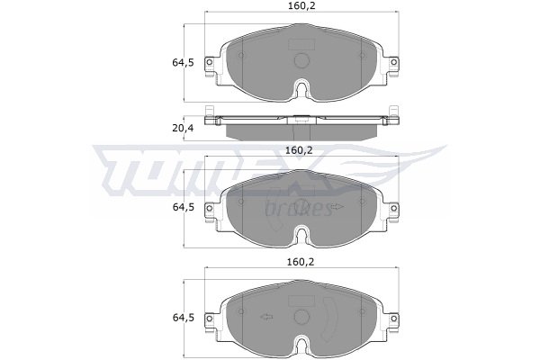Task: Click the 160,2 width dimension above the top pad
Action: (x=301, y=5)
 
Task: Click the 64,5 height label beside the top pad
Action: (x=184, y=63)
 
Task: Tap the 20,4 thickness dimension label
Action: (x=184, y=128)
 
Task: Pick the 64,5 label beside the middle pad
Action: (x=184, y=207)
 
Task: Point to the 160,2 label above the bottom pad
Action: (x=301, y=262)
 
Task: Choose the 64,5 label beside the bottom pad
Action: (x=184, y=318)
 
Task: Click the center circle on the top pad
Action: (x=301, y=60)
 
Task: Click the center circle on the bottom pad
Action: (x=301, y=317)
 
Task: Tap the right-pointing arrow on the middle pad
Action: (x=337, y=206)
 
